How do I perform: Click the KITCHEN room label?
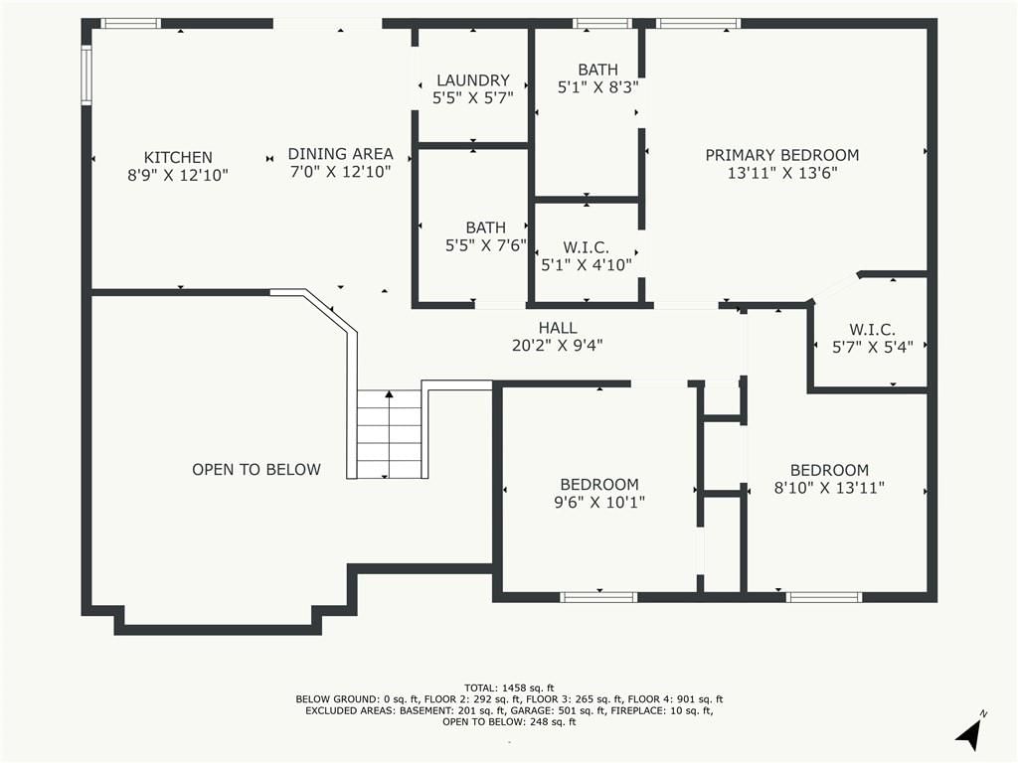coord(178,158)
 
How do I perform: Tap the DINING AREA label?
coord(340,154)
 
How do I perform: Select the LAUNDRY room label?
coord(472,80)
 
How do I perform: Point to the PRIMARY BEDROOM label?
coord(782,155)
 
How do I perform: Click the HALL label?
coord(558,328)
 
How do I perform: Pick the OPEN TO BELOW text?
coord(256,470)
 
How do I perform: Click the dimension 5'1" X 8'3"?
coord(597,87)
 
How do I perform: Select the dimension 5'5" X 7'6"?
coord(485,245)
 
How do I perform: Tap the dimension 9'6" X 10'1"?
coord(599,502)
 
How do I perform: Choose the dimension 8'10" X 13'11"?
coord(830,487)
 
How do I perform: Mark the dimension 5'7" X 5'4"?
coord(873,347)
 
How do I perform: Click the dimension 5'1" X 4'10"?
coord(587,264)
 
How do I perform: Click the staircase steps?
coord(390,434)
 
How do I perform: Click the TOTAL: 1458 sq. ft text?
coord(509,687)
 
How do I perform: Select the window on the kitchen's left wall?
coord(85,75)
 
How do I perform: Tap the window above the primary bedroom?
coord(698,24)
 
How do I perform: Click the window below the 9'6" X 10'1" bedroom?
coord(598,597)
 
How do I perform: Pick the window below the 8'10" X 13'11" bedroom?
coord(824,597)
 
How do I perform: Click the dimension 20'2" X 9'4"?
coord(558,346)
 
